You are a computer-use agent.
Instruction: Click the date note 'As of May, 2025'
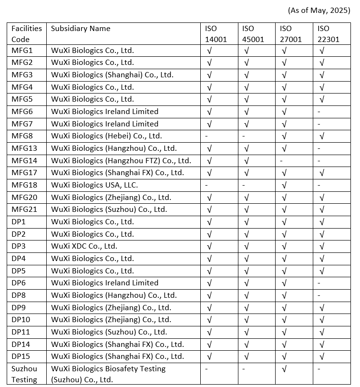(x=319, y=11)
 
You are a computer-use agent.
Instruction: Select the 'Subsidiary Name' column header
(x=81, y=29)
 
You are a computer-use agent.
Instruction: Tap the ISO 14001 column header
(x=216, y=34)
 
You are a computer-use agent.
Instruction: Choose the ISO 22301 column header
(x=328, y=34)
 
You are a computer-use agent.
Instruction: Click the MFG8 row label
(x=22, y=136)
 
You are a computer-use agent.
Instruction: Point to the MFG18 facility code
(x=24, y=185)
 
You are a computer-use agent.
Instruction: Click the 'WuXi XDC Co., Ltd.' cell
(x=84, y=246)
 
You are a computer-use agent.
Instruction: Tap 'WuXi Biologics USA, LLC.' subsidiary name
(x=94, y=185)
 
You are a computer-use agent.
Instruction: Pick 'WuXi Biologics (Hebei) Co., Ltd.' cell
(x=106, y=136)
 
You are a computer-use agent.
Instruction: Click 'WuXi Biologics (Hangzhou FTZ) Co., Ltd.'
(x=121, y=161)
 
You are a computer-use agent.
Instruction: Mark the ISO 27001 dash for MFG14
(x=282, y=161)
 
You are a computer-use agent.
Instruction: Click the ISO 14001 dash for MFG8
(x=206, y=136)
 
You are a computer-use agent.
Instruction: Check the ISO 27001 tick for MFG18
(x=284, y=185)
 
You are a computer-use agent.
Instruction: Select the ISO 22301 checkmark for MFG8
(x=322, y=136)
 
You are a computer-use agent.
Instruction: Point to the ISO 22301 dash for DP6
(x=319, y=283)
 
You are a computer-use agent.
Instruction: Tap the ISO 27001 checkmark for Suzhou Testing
(x=284, y=369)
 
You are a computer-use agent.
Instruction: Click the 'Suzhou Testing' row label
(x=24, y=374)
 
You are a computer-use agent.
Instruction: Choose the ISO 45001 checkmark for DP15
(x=247, y=356)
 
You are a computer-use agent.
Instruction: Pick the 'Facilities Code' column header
(x=27, y=34)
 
